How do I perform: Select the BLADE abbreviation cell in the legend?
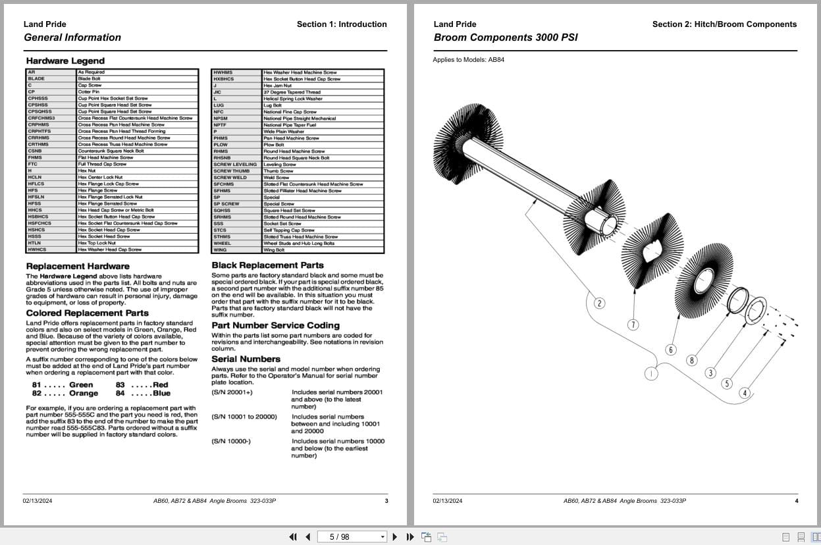click(37, 79)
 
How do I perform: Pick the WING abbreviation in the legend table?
click(220, 250)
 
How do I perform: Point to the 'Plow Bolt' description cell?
click(273, 145)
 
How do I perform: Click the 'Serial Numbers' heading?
click(246, 359)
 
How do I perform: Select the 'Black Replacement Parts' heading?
click(267, 265)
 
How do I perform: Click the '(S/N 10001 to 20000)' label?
click(244, 417)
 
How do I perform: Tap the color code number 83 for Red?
click(120, 385)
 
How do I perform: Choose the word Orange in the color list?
click(84, 394)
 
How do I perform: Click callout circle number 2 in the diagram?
click(599, 303)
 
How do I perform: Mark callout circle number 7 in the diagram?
click(633, 324)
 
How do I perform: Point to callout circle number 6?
click(671, 350)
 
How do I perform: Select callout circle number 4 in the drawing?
click(745, 393)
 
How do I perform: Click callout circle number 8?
click(691, 360)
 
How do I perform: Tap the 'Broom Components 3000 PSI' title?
click(506, 38)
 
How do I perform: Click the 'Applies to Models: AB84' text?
click(469, 60)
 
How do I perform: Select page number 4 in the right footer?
click(796, 501)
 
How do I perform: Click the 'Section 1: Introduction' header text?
click(342, 24)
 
